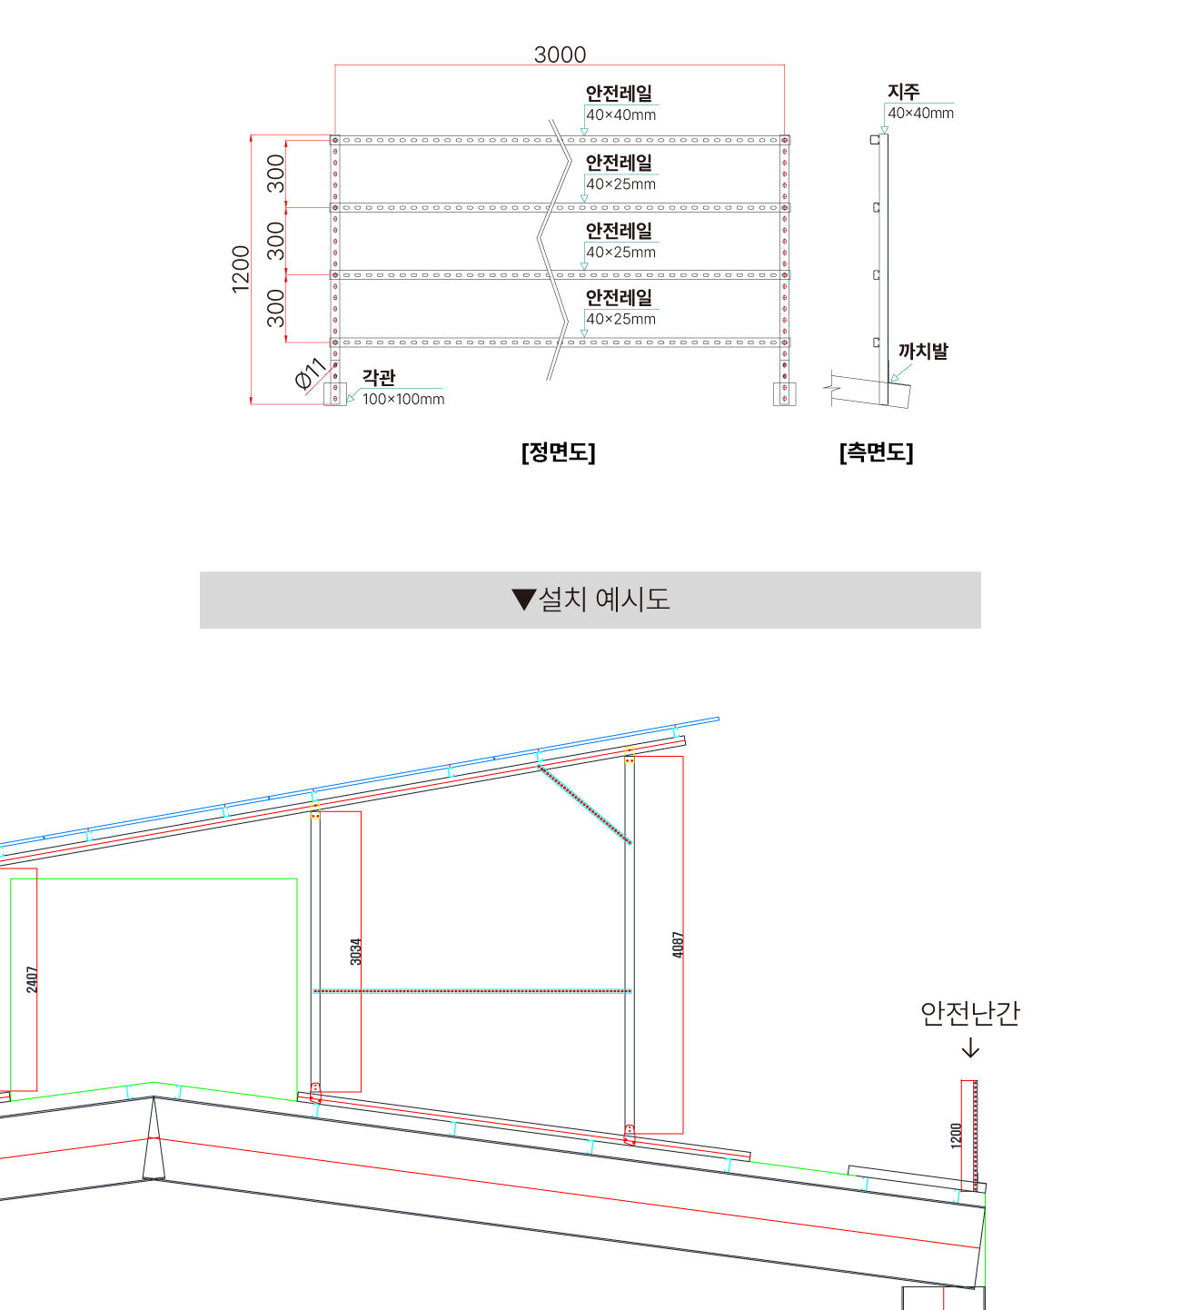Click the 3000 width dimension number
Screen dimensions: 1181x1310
coord(560,55)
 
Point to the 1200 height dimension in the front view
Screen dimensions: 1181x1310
coord(241,269)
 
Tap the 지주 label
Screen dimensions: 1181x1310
coord(903,91)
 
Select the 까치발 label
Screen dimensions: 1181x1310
coord(923,352)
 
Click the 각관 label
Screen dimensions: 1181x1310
coord(379,377)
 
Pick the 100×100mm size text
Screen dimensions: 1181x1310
coord(403,399)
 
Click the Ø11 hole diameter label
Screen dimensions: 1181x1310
coord(311,373)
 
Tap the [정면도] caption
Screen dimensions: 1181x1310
coord(559,452)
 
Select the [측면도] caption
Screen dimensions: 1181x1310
coord(876,452)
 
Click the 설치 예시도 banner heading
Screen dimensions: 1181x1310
coord(604,599)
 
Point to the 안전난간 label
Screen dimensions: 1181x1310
coord(970,1013)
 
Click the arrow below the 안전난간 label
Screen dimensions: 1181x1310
coord(970,1048)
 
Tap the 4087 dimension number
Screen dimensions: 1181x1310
coord(678,945)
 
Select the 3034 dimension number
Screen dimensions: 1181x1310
coord(356,951)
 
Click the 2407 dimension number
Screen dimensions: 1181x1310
coord(32,979)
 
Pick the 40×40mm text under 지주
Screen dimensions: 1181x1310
coord(920,113)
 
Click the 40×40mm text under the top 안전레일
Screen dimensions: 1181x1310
coord(620,115)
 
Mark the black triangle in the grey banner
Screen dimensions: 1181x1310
coord(524,600)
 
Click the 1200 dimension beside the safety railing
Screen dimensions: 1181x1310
coord(957,1136)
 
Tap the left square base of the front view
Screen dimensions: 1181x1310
coord(335,393)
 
